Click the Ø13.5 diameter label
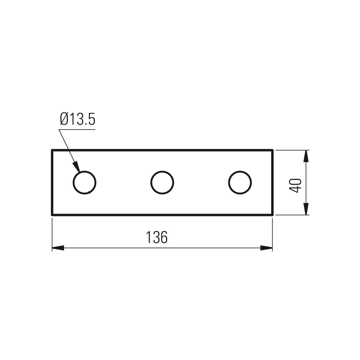coord(78,119)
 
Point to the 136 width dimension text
coord(157,237)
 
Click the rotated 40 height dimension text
coord(295,186)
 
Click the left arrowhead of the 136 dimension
coord(58,248)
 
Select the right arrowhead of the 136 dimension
coord(266,248)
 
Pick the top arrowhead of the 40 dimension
coord(306,156)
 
